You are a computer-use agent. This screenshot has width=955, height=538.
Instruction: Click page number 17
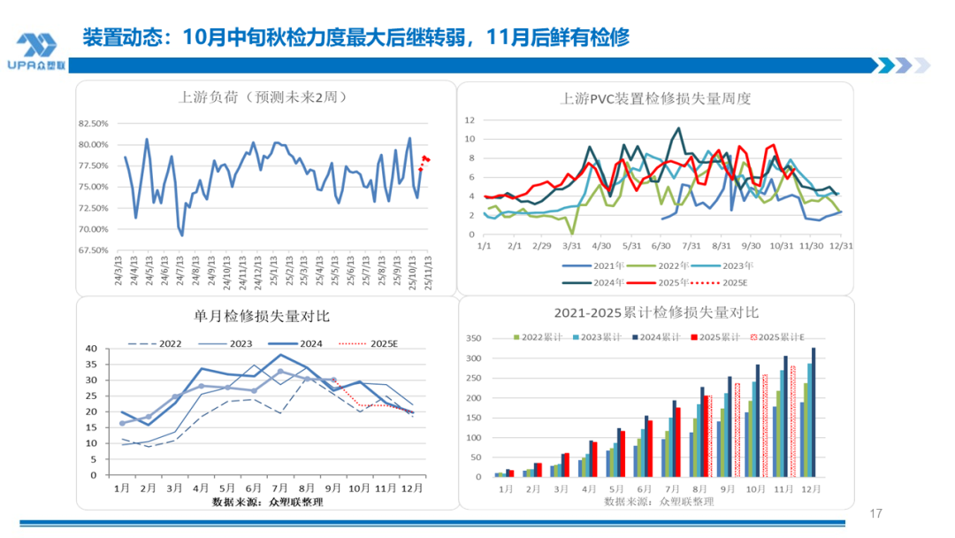pyautogui.click(x=876, y=514)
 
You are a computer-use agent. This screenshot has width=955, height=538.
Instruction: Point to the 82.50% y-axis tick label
pyautogui.click(x=93, y=124)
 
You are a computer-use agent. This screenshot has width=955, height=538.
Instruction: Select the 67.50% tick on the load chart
pyautogui.click(x=93, y=250)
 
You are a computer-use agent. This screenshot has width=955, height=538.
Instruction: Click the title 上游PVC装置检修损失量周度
pyautogui.click(x=655, y=98)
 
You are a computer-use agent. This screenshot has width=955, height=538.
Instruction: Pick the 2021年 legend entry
pyautogui.click(x=601, y=265)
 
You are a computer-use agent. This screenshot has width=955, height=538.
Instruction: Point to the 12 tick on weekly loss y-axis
pyautogui.click(x=470, y=119)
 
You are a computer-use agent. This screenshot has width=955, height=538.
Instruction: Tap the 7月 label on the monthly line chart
pyautogui.click(x=279, y=488)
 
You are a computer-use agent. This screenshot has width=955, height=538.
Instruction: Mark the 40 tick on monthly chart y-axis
pyautogui.click(x=102, y=349)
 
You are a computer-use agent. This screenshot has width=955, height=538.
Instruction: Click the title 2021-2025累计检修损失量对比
pyautogui.click(x=656, y=312)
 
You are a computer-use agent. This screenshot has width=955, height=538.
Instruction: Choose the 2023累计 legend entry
pyautogui.click(x=594, y=337)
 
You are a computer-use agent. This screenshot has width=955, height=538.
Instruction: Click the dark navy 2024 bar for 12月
pyautogui.click(x=813, y=412)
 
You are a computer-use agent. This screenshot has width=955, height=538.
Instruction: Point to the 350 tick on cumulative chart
pyautogui.click(x=475, y=339)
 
